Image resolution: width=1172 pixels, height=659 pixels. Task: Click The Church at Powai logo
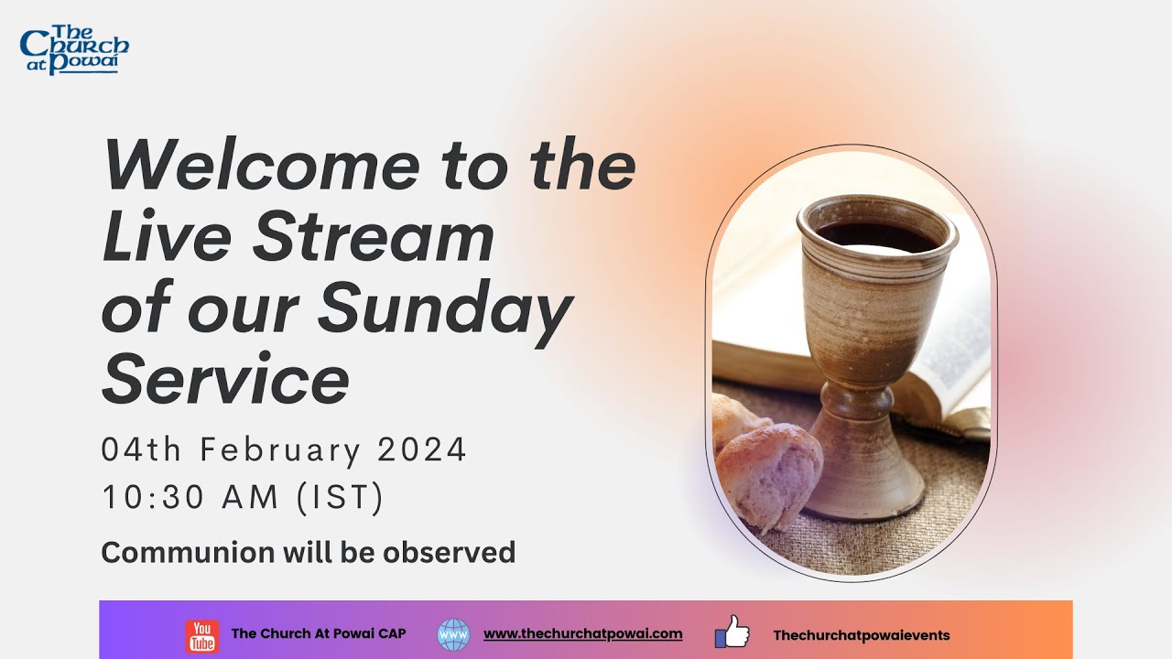click(74, 50)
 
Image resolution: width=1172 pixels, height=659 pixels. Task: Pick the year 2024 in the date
click(422, 450)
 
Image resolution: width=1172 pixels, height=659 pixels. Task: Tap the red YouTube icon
click(201, 634)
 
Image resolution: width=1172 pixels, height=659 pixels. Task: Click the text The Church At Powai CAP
click(319, 634)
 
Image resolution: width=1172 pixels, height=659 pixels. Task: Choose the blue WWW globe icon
click(453, 634)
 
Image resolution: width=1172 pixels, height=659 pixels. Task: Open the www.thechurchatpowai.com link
click(582, 633)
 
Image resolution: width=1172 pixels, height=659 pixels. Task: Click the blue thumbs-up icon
click(732, 632)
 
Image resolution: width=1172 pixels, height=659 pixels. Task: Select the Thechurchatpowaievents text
click(861, 635)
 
